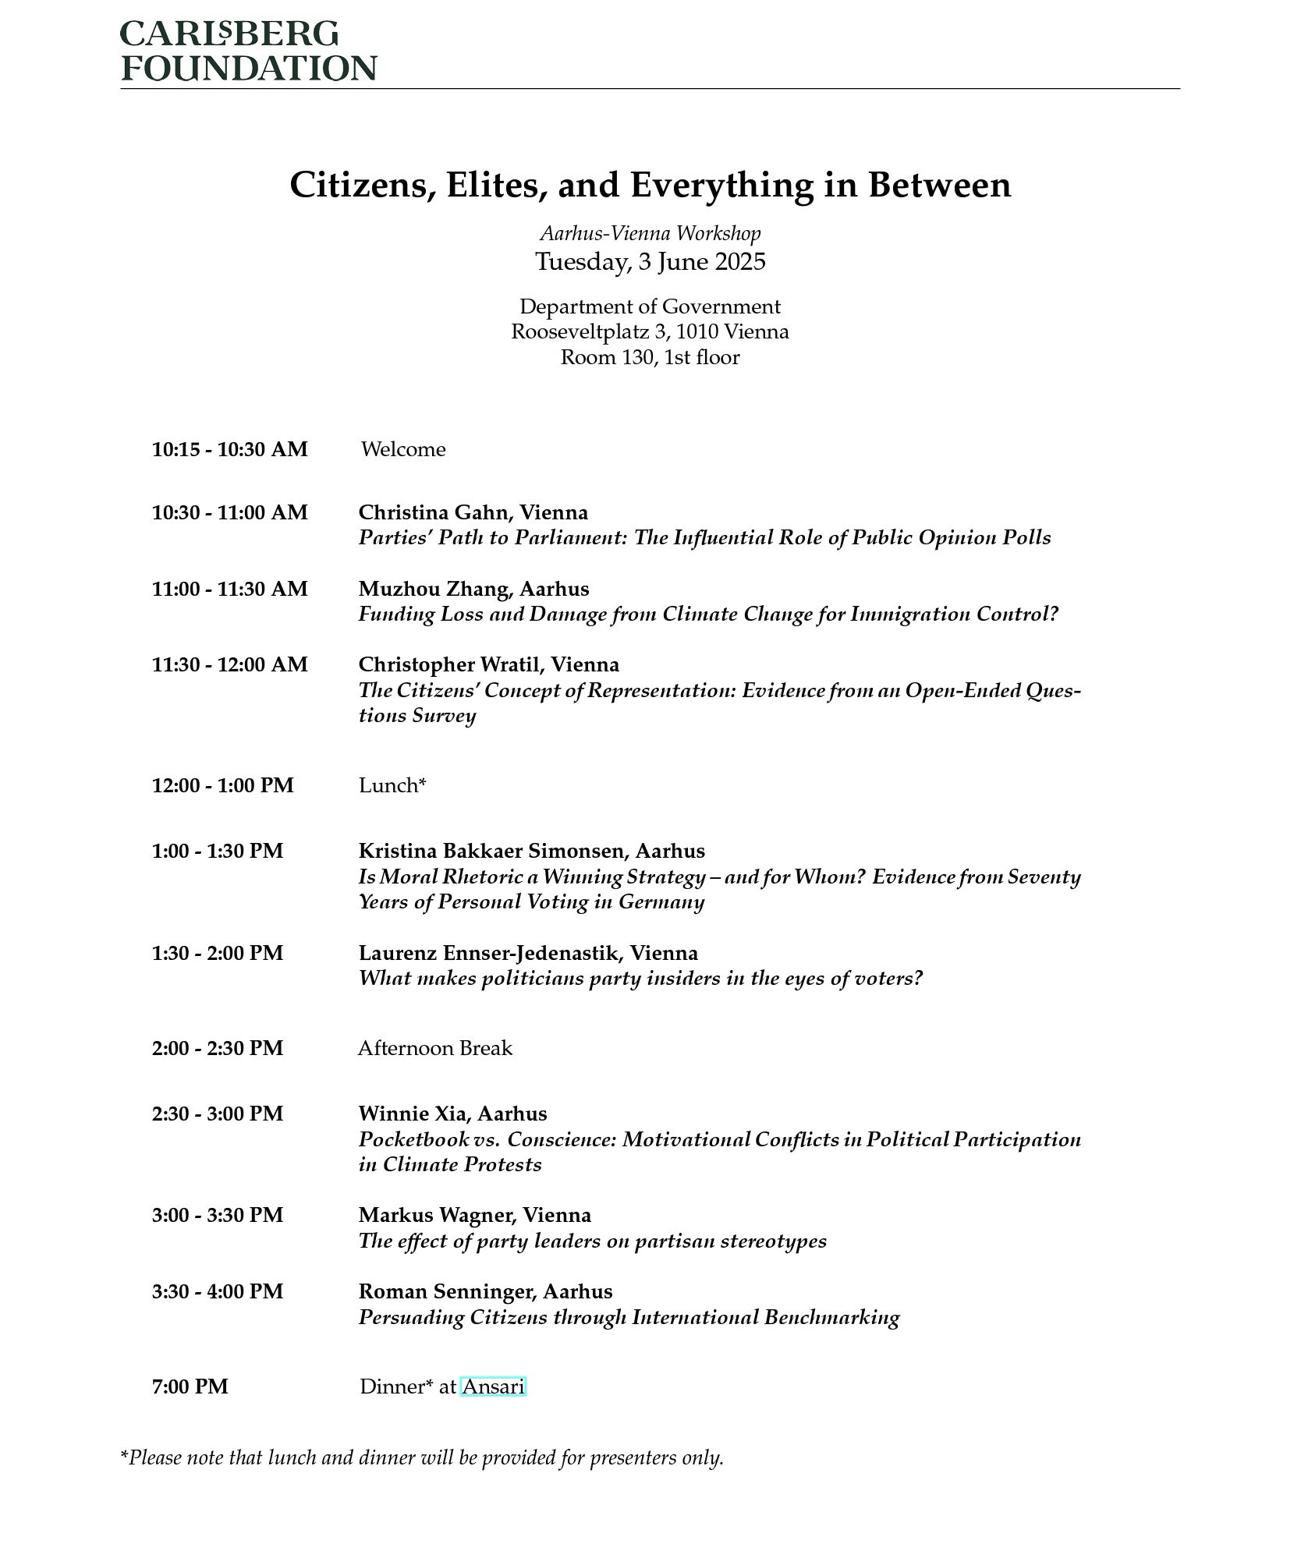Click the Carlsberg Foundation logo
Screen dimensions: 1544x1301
(248, 51)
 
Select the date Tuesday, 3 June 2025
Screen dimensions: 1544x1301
(650, 261)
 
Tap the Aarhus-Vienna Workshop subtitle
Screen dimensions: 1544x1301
(650, 233)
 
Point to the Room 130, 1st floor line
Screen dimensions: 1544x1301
(650, 358)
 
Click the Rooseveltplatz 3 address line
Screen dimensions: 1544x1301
(650, 332)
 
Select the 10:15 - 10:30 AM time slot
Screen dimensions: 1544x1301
(229, 450)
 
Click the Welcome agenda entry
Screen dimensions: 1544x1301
(403, 450)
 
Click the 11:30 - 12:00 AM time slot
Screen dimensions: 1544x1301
(229, 665)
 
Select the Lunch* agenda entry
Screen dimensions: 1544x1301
(392, 785)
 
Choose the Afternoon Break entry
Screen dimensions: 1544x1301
(434, 1048)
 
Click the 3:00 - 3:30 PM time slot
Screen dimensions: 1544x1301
(217, 1216)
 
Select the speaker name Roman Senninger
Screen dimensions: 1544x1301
(446, 1292)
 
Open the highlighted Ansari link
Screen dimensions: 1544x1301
(493, 1387)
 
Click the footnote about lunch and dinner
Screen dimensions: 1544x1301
(421, 1457)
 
